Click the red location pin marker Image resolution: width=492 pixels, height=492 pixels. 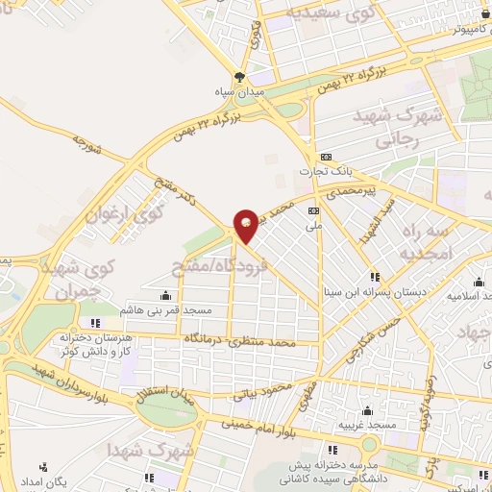coord(246,225)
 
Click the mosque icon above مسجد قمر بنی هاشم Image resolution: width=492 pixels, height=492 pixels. coord(167,296)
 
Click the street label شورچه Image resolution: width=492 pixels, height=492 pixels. coord(86,144)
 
